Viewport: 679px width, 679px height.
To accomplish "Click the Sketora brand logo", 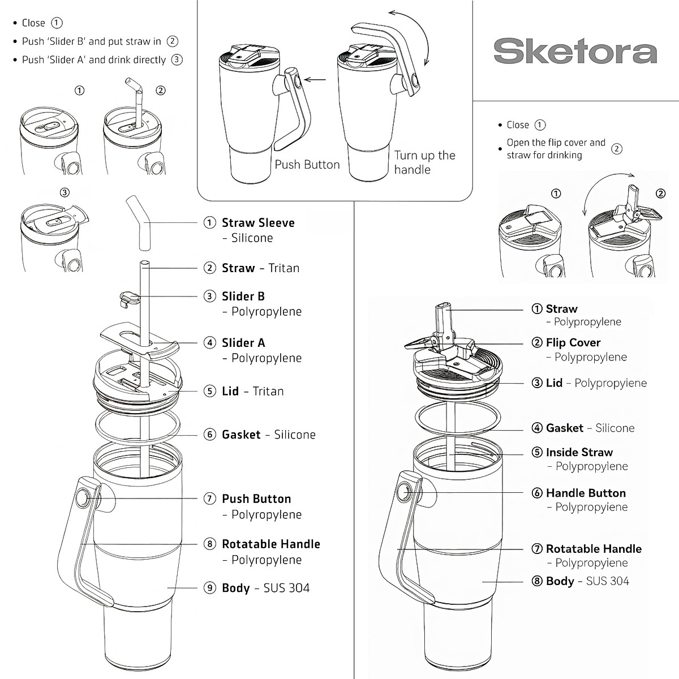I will click(x=575, y=51).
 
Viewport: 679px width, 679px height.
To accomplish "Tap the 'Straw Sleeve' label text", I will click(x=258, y=223).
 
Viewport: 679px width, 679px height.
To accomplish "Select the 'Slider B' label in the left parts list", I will click(x=243, y=296).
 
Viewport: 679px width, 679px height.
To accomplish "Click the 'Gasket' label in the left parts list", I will click(x=241, y=435).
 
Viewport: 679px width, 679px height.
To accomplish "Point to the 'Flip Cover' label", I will click(x=573, y=343).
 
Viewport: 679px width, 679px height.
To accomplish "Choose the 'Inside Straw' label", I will click(x=579, y=453).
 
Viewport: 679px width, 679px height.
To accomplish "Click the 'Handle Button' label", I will click(x=586, y=493).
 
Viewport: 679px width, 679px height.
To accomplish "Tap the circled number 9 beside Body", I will click(x=210, y=588).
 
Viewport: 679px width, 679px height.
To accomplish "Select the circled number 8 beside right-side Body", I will click(x=537, y=581).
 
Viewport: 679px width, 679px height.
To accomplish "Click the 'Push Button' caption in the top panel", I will click(x=307, y=165).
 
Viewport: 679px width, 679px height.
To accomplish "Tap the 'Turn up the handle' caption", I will click(x=424, y=162).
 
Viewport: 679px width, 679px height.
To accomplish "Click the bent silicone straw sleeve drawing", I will click(x=141, y=223).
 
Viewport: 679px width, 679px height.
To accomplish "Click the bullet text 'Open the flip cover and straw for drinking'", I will click(x=556, y=149).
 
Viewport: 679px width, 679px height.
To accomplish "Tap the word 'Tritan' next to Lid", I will click(x=268, y=392).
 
